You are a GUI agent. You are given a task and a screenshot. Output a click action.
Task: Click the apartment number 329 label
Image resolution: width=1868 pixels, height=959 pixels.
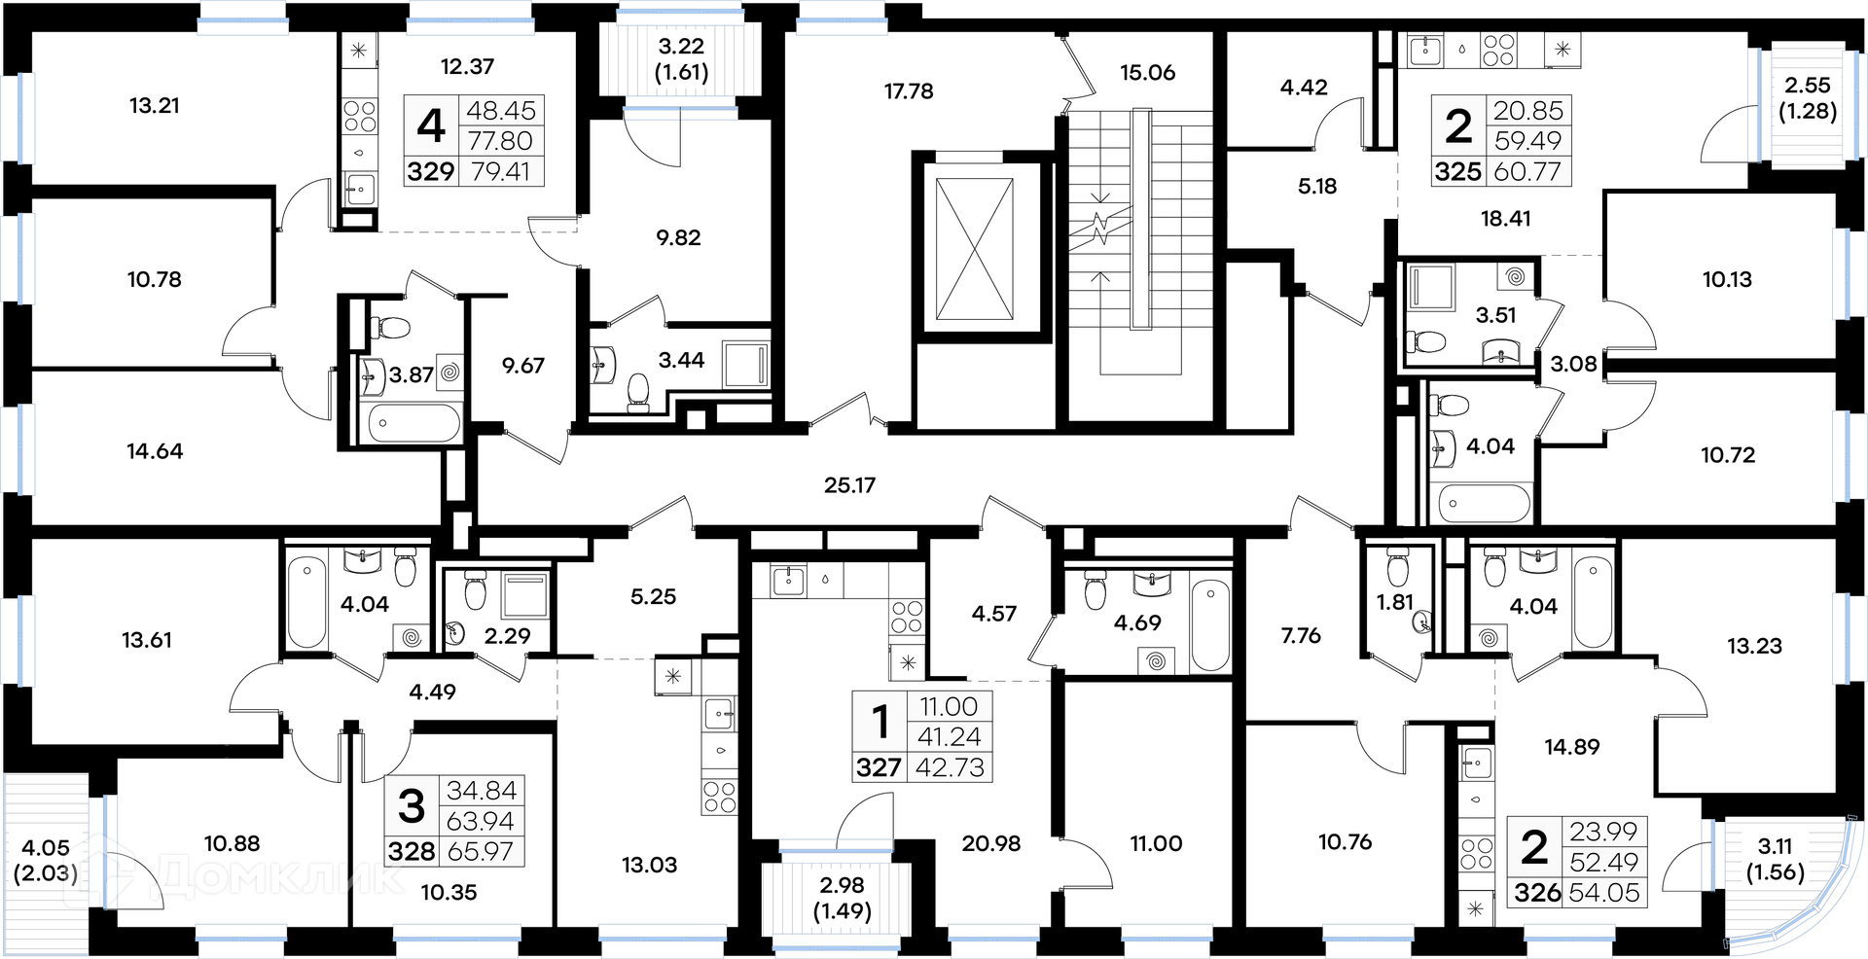pos(431,171)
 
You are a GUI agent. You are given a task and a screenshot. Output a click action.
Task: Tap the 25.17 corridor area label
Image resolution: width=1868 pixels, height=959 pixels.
pos(849,484)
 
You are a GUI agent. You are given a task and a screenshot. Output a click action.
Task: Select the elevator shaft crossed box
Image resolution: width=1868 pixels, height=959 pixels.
pos(974,249)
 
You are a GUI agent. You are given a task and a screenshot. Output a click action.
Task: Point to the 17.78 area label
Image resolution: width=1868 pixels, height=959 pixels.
pos(909,91)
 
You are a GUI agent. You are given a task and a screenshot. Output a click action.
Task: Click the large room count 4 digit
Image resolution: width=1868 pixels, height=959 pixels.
pos(431,125)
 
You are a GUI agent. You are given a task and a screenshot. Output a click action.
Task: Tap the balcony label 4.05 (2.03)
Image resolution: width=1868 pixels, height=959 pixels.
pos(46,860)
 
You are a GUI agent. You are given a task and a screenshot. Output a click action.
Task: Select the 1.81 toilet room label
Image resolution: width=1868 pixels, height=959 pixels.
pos(1394,602)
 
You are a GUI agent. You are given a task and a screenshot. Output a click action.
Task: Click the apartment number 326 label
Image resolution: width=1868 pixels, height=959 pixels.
pos(1537,892)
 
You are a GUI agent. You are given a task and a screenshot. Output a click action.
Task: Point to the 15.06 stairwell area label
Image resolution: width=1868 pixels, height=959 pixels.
pos(1147,73)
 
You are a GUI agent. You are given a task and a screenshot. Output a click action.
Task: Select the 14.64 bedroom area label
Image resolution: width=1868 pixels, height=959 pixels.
pos(155,451)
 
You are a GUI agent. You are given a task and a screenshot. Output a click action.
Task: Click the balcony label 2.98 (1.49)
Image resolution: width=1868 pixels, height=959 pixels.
pos(842,898)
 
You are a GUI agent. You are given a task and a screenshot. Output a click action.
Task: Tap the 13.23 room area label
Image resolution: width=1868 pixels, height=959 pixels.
pos(1754,646)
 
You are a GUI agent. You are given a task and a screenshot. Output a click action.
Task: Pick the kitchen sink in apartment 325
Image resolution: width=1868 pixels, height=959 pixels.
pos(1426,50)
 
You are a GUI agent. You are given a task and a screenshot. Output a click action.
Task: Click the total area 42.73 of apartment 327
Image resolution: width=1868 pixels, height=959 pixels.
pos(951,768)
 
